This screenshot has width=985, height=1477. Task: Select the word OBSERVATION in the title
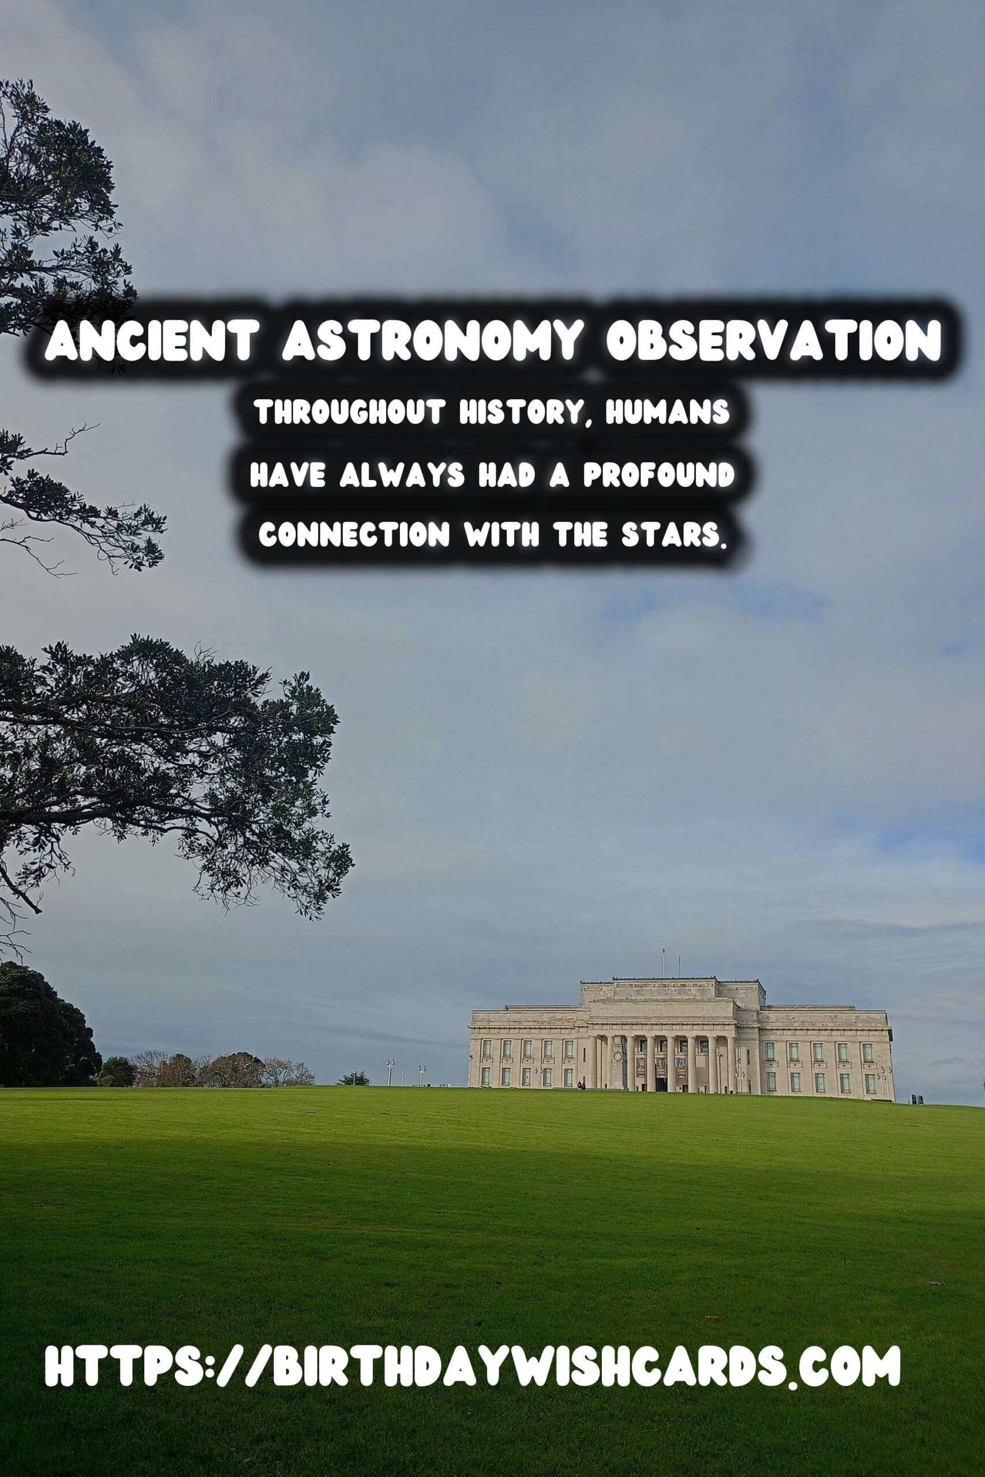(773, 343)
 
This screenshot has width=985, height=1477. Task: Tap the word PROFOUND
(658, 476)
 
